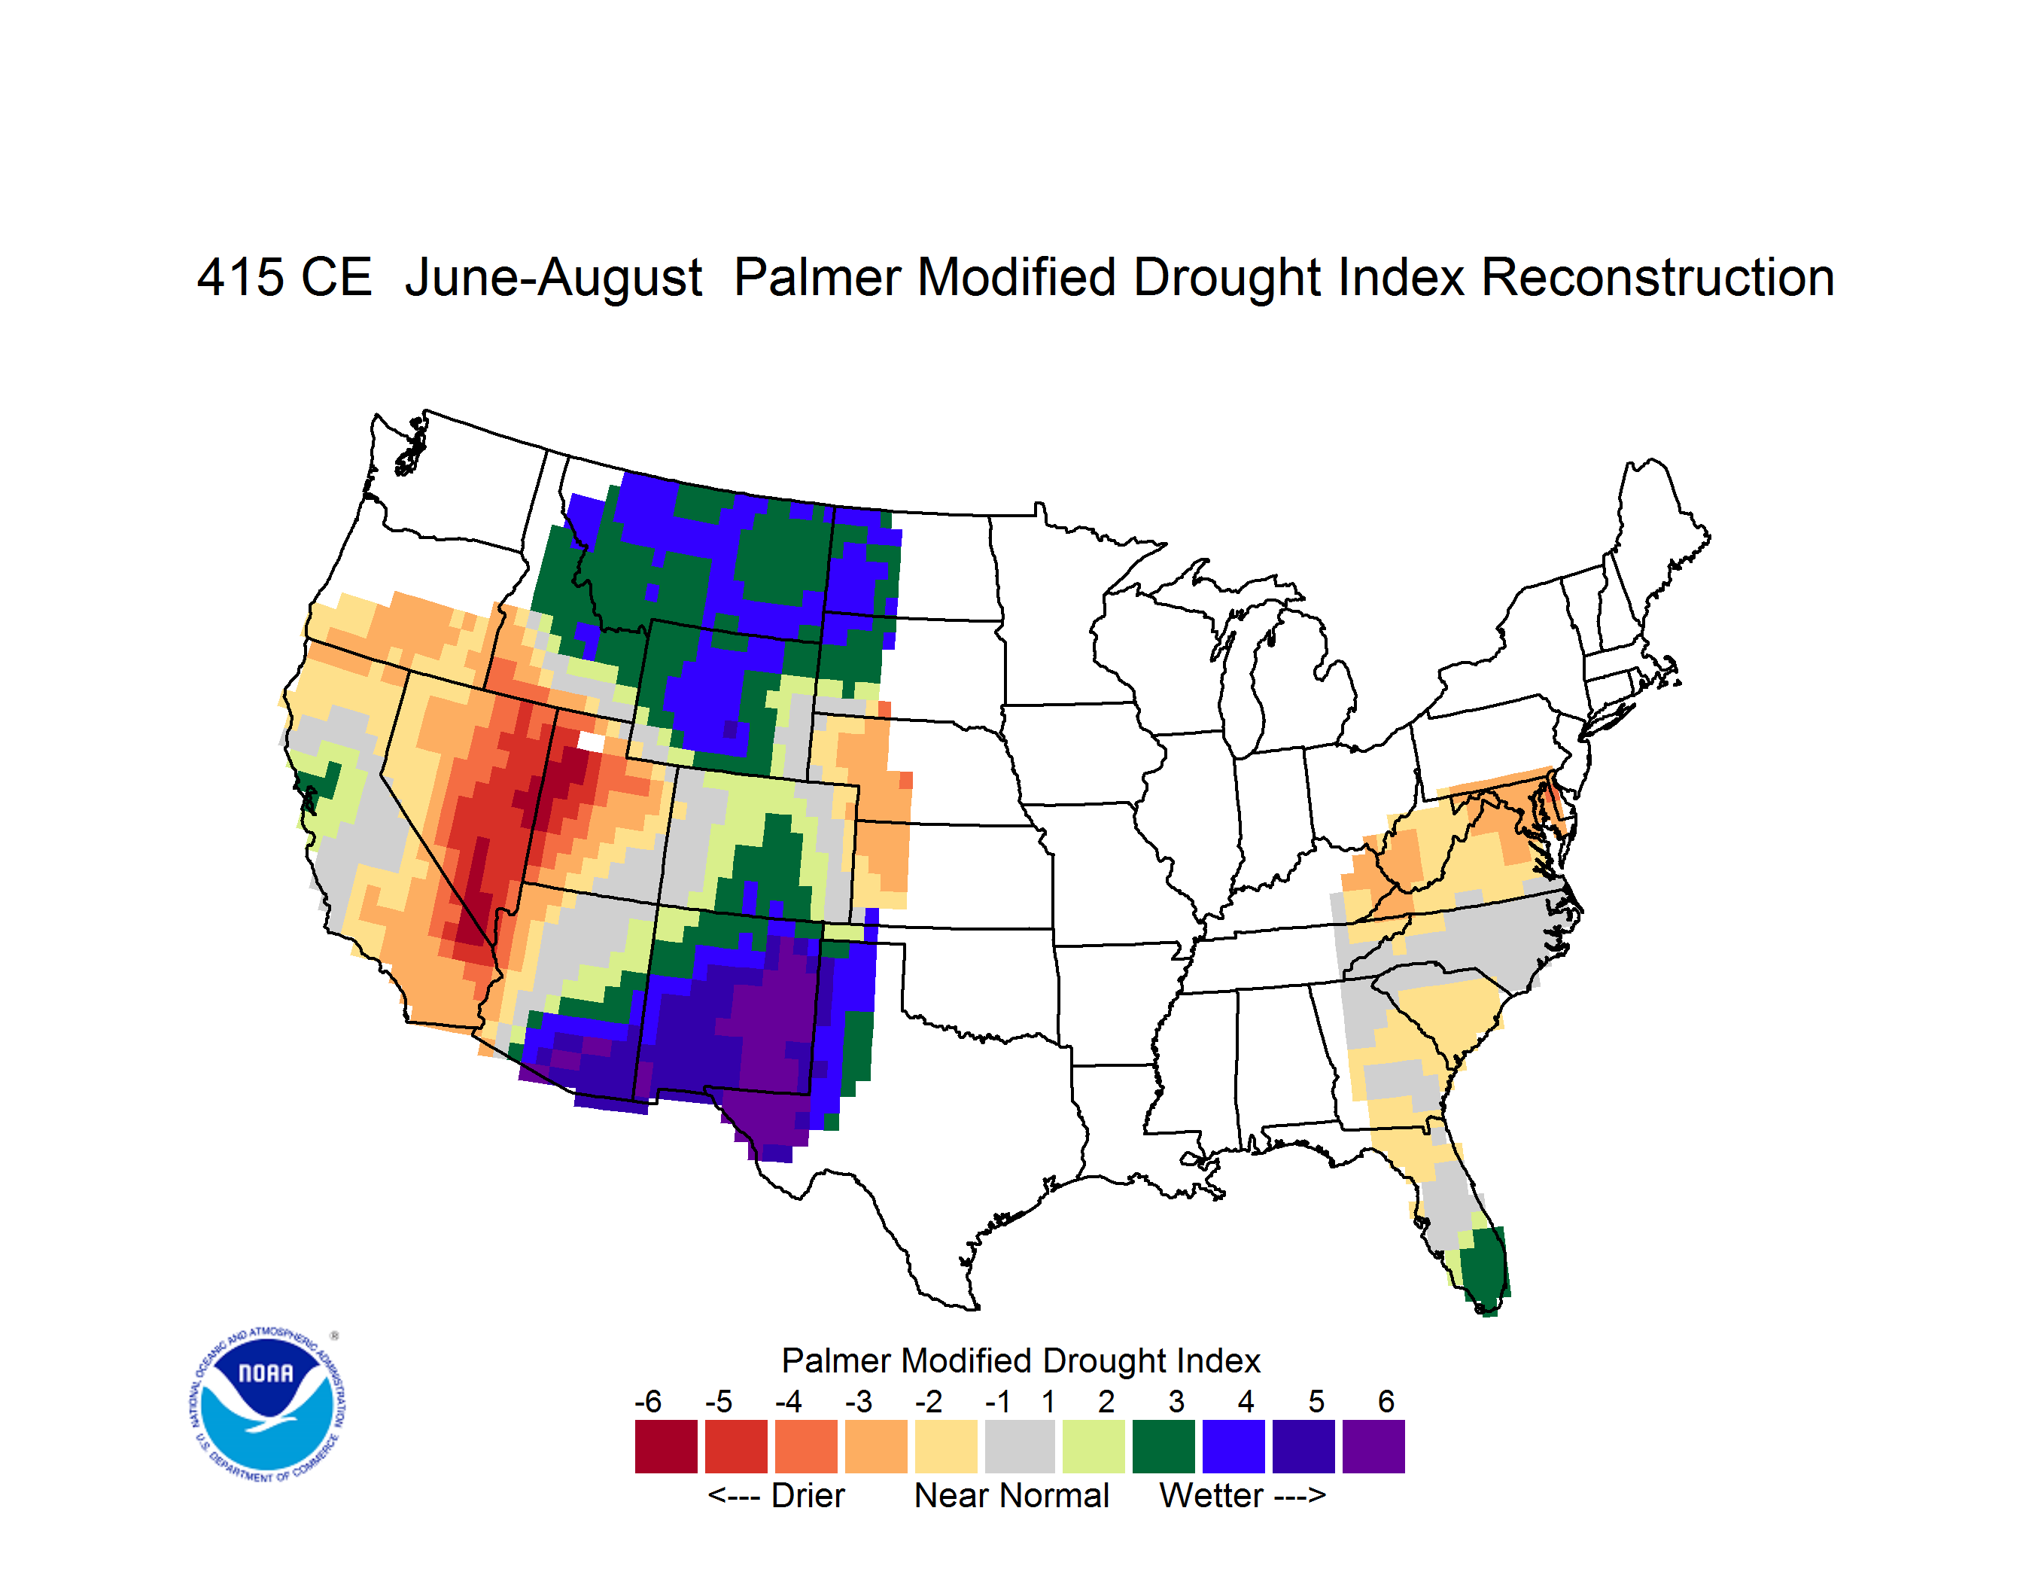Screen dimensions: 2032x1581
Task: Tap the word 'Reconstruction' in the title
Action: [x=1657, y=277]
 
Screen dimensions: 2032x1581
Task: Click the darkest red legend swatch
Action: [x=666, y=1446]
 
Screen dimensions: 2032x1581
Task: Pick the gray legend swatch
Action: [x=1020, y=1446]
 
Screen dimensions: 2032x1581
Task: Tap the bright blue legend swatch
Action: [x=1233, y=1446]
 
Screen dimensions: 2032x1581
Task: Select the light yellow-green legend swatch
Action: [x=1094, y=1446]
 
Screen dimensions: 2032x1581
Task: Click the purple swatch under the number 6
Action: [x=1373, y=1446]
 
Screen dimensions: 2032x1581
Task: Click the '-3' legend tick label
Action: [x=859, y=1401]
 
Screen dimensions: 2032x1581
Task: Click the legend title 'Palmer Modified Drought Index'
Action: [x=1021, y=1360]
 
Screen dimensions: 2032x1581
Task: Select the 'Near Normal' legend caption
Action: [x=1011, y=1495]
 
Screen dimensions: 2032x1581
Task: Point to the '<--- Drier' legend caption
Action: [x=776, y=1495]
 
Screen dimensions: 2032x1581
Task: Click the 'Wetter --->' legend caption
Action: [x=1242, y=1495]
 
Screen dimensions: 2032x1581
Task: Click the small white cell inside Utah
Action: [x=591, y=742]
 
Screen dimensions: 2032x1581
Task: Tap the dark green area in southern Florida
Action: [x=1484, y=1267]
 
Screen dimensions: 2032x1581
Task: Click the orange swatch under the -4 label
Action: [x=806, y=1446]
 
